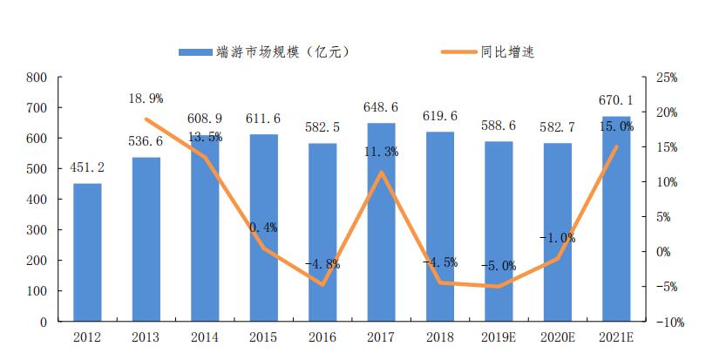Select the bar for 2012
[87, 252]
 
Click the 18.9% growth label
[146, 98]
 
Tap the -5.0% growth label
[499, 266]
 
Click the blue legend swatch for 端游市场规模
[197, 51]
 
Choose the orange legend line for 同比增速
[453, 51]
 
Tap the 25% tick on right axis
[667, 78]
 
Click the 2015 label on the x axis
[263, 336]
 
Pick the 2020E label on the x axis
[557, 336]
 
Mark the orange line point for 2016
[322, 285]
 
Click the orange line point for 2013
[146, 119]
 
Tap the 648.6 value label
[381, 107]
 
